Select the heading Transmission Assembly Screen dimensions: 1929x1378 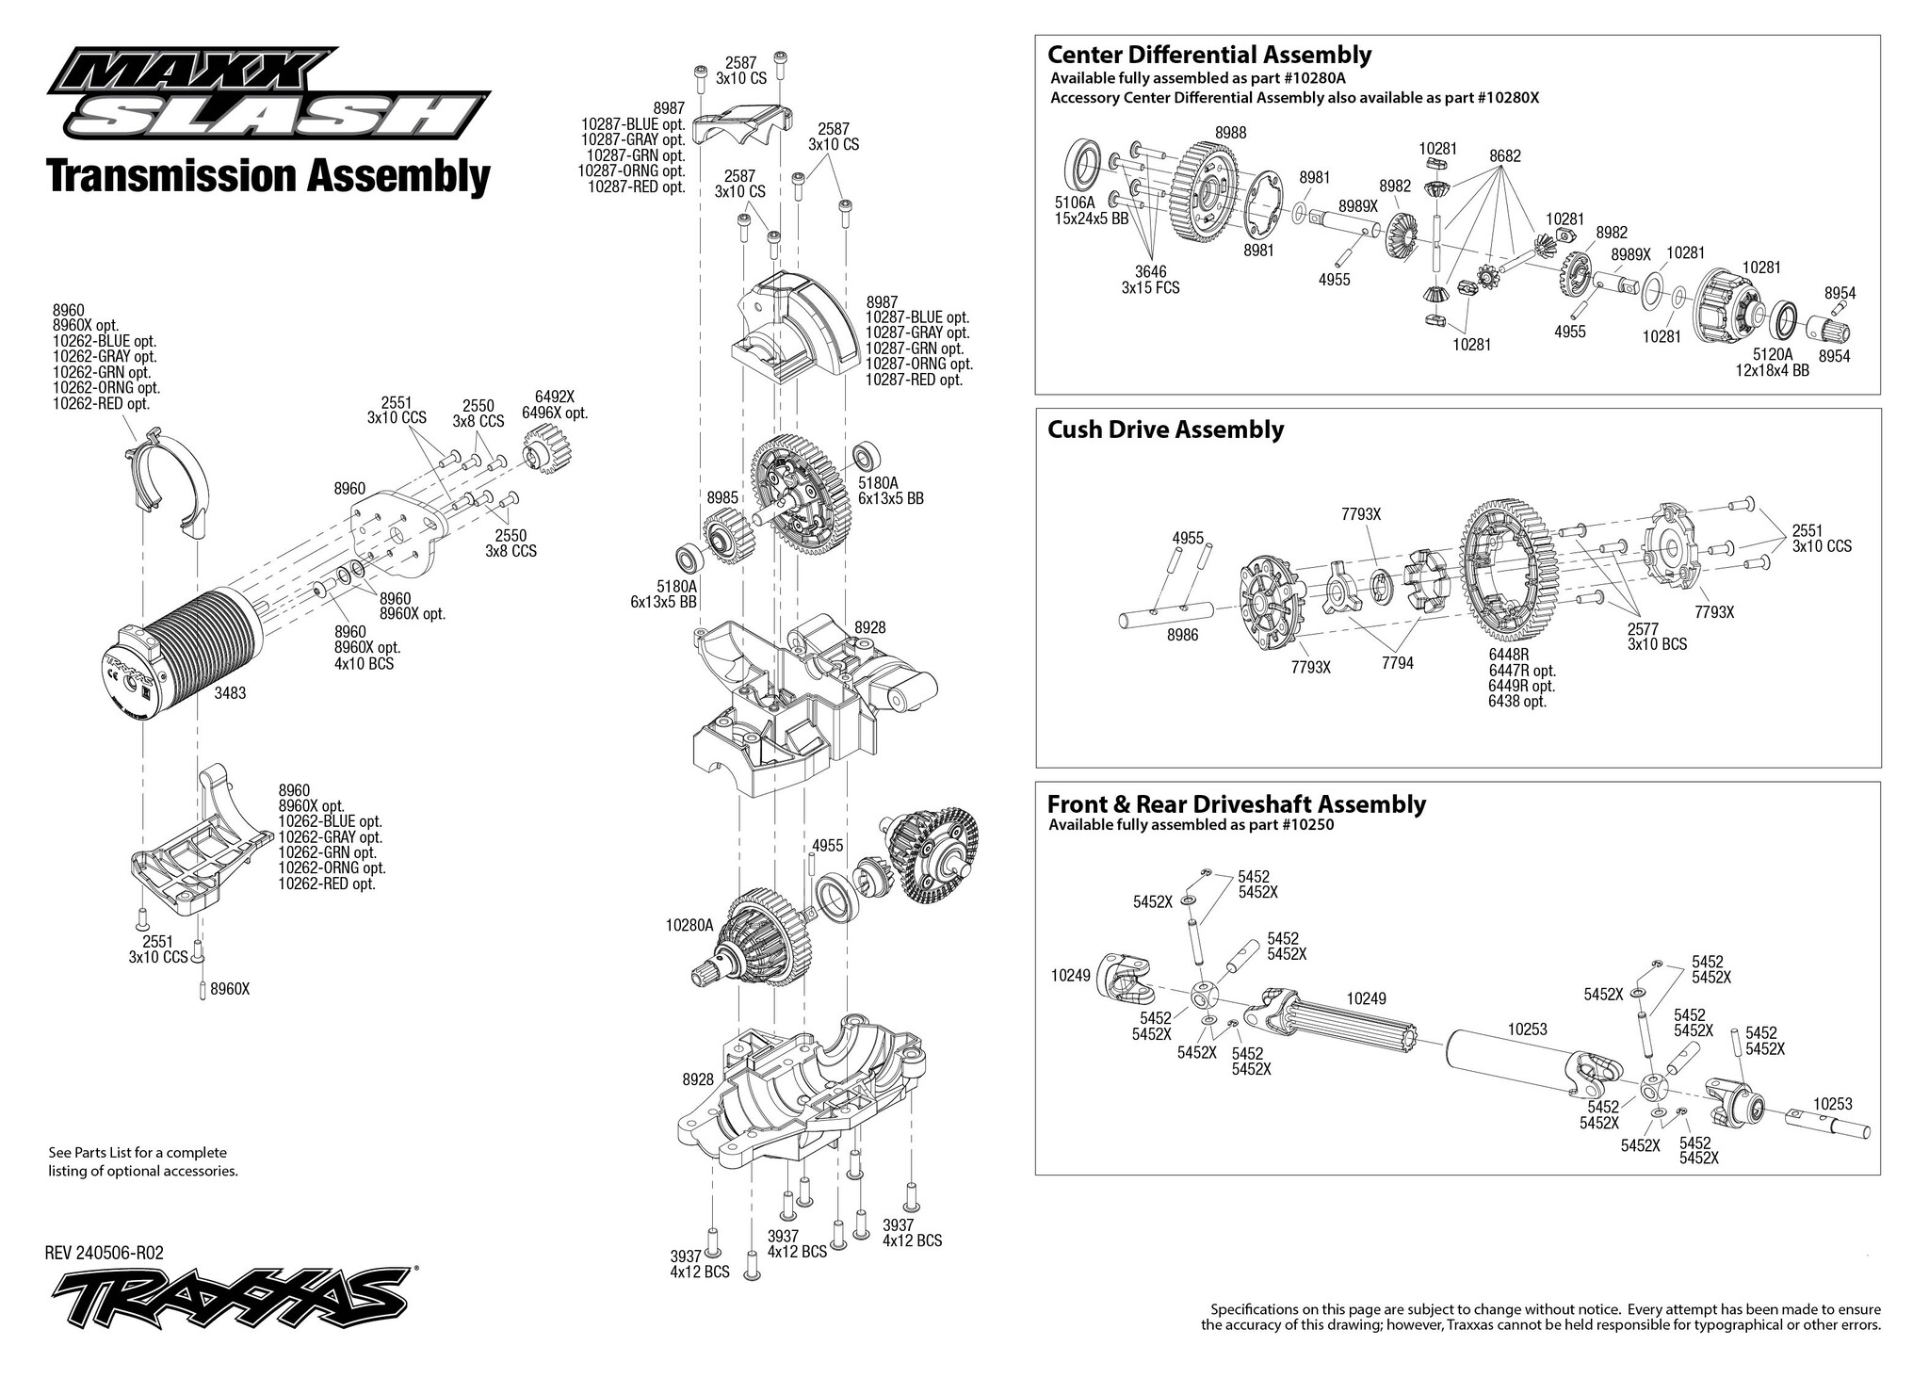pos(268,177)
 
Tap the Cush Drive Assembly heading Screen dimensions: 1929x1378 pos(1165,430)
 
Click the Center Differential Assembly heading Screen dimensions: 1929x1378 pos(1209,55)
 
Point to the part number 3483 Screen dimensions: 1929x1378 pos(231,692)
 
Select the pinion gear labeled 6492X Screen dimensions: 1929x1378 pos(541,450)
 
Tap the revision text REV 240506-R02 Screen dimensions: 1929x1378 pos(105,1253)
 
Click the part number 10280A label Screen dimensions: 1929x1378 pos(689,926)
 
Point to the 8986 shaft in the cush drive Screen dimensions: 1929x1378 pos(1178,620)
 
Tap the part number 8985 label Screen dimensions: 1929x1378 pos(722,496)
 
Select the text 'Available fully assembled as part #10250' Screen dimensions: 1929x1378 pos(1191,826)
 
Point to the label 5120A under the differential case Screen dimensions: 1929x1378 pos(1774,354)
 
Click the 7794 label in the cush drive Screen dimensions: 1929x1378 pos(1398,664)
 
